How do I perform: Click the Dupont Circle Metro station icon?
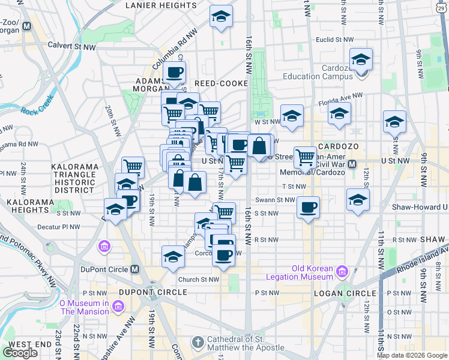[x=134, y=269]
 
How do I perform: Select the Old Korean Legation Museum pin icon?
[x=343, y=271]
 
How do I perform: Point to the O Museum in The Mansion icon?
[x=117, y=307]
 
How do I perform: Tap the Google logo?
[x=20, y=353]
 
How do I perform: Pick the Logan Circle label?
[x=340, y=293]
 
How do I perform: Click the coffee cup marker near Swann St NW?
[x=309, y=208]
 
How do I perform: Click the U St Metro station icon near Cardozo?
[x=353, y=163]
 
